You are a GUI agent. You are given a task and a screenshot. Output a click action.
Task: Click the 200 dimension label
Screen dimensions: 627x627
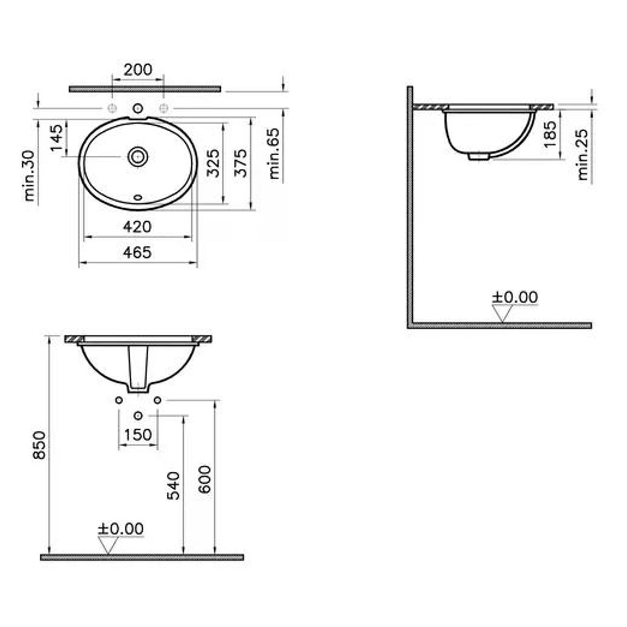coord(138,69)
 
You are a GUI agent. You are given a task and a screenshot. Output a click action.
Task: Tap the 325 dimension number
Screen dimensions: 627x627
coord(214,163)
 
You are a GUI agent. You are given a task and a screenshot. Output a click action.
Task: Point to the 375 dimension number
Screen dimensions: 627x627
coord(241,163)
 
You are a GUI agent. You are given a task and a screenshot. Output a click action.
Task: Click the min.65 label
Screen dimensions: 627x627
coord(274,153)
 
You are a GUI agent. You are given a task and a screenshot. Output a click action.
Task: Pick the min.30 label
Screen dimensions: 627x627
coord(29,176)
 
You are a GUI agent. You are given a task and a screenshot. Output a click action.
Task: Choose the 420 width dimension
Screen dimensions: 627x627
coord(137,227)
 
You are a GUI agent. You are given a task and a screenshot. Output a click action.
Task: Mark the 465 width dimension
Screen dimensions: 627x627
coord(137,252)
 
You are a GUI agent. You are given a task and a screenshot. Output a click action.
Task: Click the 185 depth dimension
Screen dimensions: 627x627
coord(550,134)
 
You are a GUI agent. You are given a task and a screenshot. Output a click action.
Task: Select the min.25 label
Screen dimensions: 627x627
coord(583,154)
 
